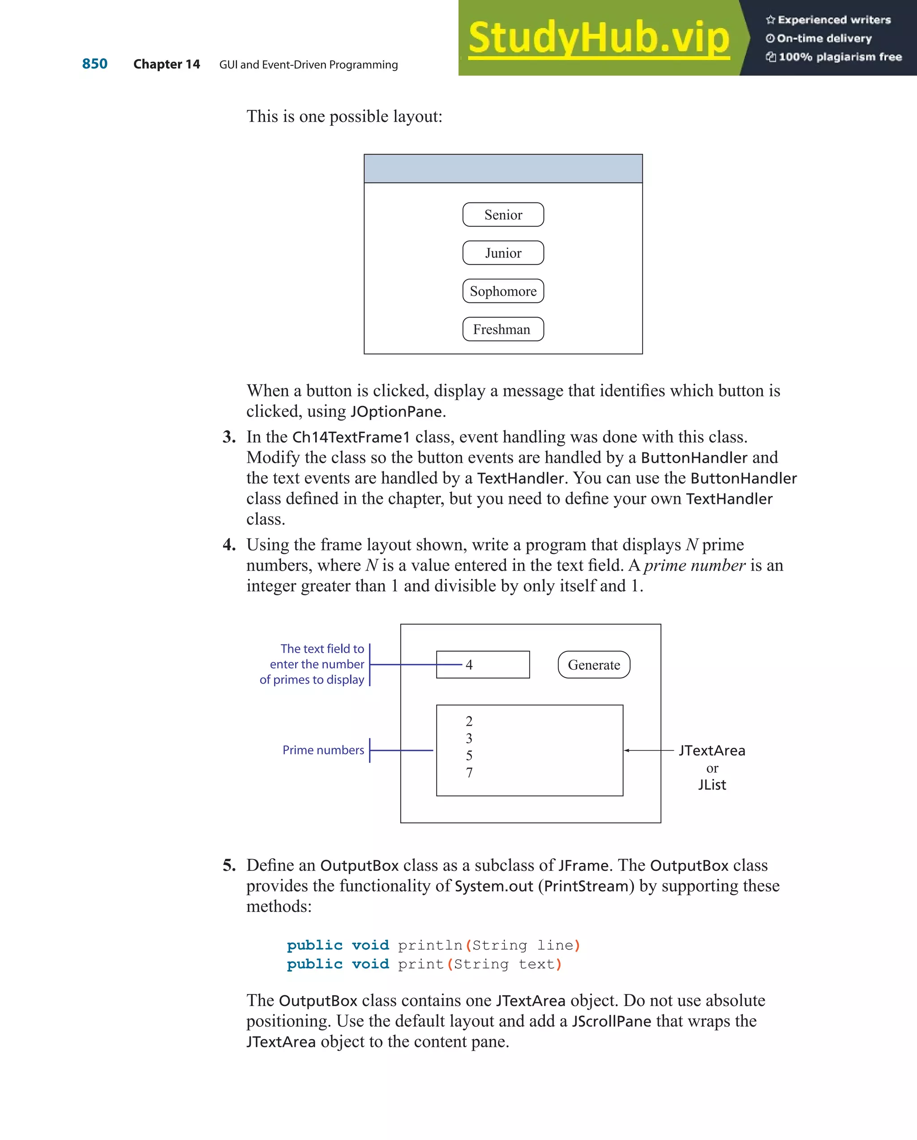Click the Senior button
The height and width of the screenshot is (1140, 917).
click(x=503, y=215)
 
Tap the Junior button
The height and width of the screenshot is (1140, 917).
click(x=503, y=253)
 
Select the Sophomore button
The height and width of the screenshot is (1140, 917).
click(x=503, y=291)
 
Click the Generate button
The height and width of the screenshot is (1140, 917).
click(x=594, y=665)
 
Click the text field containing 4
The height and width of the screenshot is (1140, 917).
click(x=483, y=665)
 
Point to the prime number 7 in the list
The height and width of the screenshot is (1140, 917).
click(x=469, y=773)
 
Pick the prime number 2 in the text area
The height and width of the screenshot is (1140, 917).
click(x=469, y=721)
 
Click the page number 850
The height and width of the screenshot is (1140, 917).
click(x=94, y=64)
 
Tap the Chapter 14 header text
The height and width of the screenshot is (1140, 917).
click(x=167, y=65)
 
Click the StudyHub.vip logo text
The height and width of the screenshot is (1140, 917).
click(x=598, y=38)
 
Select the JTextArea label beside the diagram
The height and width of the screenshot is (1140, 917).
click(x=711, y=750)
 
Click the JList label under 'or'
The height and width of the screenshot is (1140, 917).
click(x=711, y=785)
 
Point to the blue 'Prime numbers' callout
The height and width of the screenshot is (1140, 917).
click(x=323, y=750)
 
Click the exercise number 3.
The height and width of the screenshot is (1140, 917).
click(x=228, y=437)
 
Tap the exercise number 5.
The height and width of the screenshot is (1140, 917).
click(x=228, y=865)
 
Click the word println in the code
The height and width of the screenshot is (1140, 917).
click(x=430, y=945)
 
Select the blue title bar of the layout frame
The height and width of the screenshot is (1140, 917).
click(x=503, y=169)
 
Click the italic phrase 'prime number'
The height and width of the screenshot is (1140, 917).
click(x=694, y=565)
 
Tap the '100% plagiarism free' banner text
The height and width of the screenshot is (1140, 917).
click(x=840, y=57)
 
